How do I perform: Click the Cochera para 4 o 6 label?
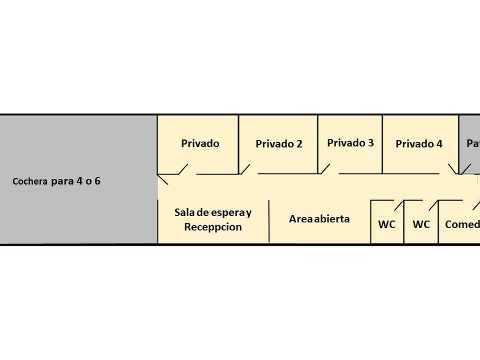57,182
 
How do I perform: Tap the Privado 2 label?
279,144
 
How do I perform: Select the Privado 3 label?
350,143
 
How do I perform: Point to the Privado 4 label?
419,144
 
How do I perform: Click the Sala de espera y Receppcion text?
213,219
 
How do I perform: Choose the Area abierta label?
319,219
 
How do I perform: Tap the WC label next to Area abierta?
387,225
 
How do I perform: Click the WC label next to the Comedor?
421,225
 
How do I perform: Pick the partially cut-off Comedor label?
462,225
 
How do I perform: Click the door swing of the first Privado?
183,169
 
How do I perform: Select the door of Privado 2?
245,169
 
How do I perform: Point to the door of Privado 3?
325,169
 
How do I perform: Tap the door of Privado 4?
453,169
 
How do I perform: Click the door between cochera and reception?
163,180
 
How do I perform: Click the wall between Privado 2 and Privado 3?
318,143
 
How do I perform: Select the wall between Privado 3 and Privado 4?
382,143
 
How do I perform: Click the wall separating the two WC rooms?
404,223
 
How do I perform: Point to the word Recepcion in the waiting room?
213,227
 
